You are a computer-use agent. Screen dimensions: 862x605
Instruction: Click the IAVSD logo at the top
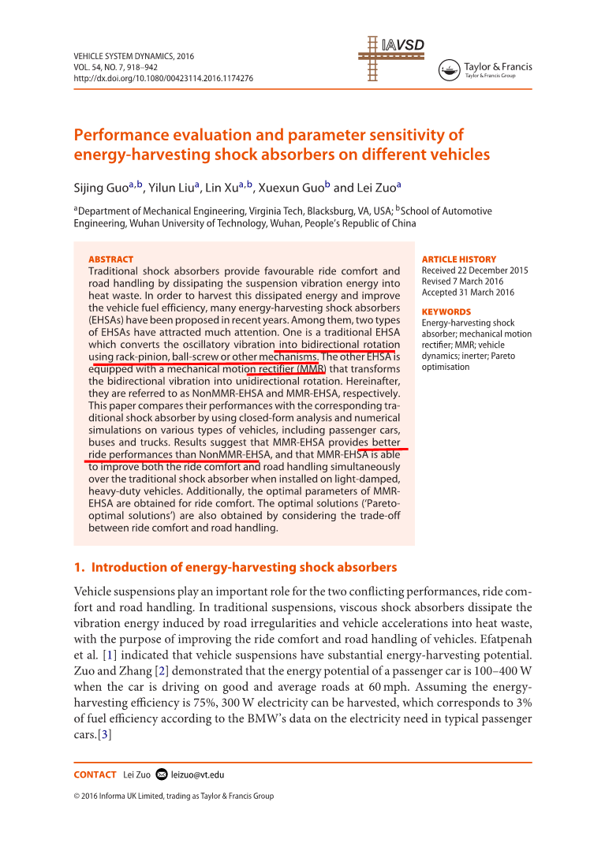[x=390, y=57]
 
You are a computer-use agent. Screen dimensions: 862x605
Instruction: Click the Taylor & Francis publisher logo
[x=486, y=70]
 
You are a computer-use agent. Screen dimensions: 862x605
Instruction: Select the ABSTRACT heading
[x=110, y=259]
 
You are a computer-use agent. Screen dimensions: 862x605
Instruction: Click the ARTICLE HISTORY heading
[x=459, y=259]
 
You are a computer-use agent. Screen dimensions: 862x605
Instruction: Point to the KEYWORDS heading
[x=446, y=312]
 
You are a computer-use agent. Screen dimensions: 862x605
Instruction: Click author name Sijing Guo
[x=103, y=188]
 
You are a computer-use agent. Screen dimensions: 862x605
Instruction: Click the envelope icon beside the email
[x=162, y=774]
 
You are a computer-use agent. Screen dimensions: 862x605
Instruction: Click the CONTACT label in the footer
[x=95, y=774]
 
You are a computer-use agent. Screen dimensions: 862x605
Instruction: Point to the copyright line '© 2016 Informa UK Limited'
[x=174, y=796]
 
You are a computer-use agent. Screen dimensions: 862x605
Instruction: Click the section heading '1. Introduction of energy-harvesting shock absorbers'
[x=235, y=568]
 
